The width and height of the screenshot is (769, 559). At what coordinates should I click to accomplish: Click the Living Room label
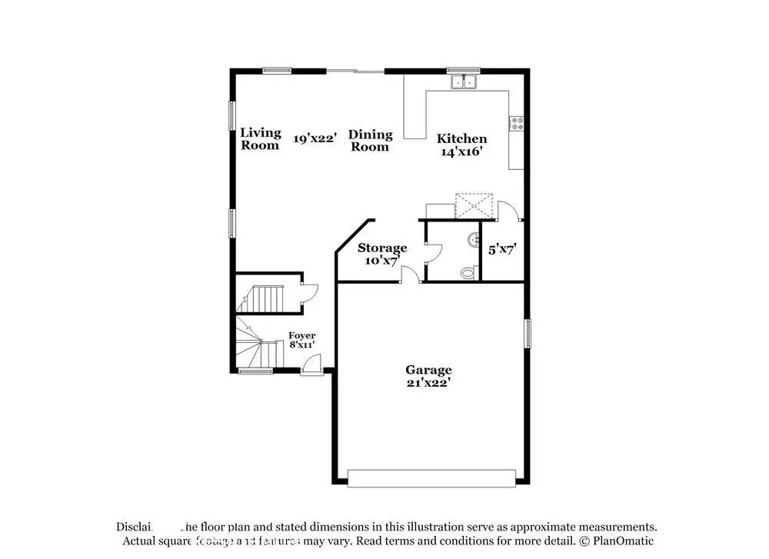[261, 138]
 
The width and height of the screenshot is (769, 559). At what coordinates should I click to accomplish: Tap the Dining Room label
[371, 140]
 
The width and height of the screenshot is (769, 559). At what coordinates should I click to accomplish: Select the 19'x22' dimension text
[315, 138]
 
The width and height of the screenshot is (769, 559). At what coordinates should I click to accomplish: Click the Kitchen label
[461, 138]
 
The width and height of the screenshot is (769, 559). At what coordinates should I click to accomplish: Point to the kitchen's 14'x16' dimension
[461, 151]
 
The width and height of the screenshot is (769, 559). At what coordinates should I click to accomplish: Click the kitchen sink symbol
[464, 81]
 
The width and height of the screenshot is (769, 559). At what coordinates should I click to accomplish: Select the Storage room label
[382, 248]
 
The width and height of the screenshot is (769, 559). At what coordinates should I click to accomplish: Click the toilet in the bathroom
[466, 271]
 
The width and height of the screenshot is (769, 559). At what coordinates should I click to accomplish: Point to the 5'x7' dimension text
[502, 249]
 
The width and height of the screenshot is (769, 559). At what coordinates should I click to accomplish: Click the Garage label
[428, 370]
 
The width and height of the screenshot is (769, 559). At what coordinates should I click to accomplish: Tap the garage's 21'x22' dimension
[428, 382]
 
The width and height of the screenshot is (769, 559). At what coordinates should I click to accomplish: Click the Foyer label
[301, 335]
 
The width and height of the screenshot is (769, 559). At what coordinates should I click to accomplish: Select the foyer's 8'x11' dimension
[301, 345]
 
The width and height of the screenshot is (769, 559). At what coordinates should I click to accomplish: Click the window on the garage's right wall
[528, 333]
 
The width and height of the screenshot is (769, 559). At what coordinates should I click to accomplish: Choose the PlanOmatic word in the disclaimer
[624, 541]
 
